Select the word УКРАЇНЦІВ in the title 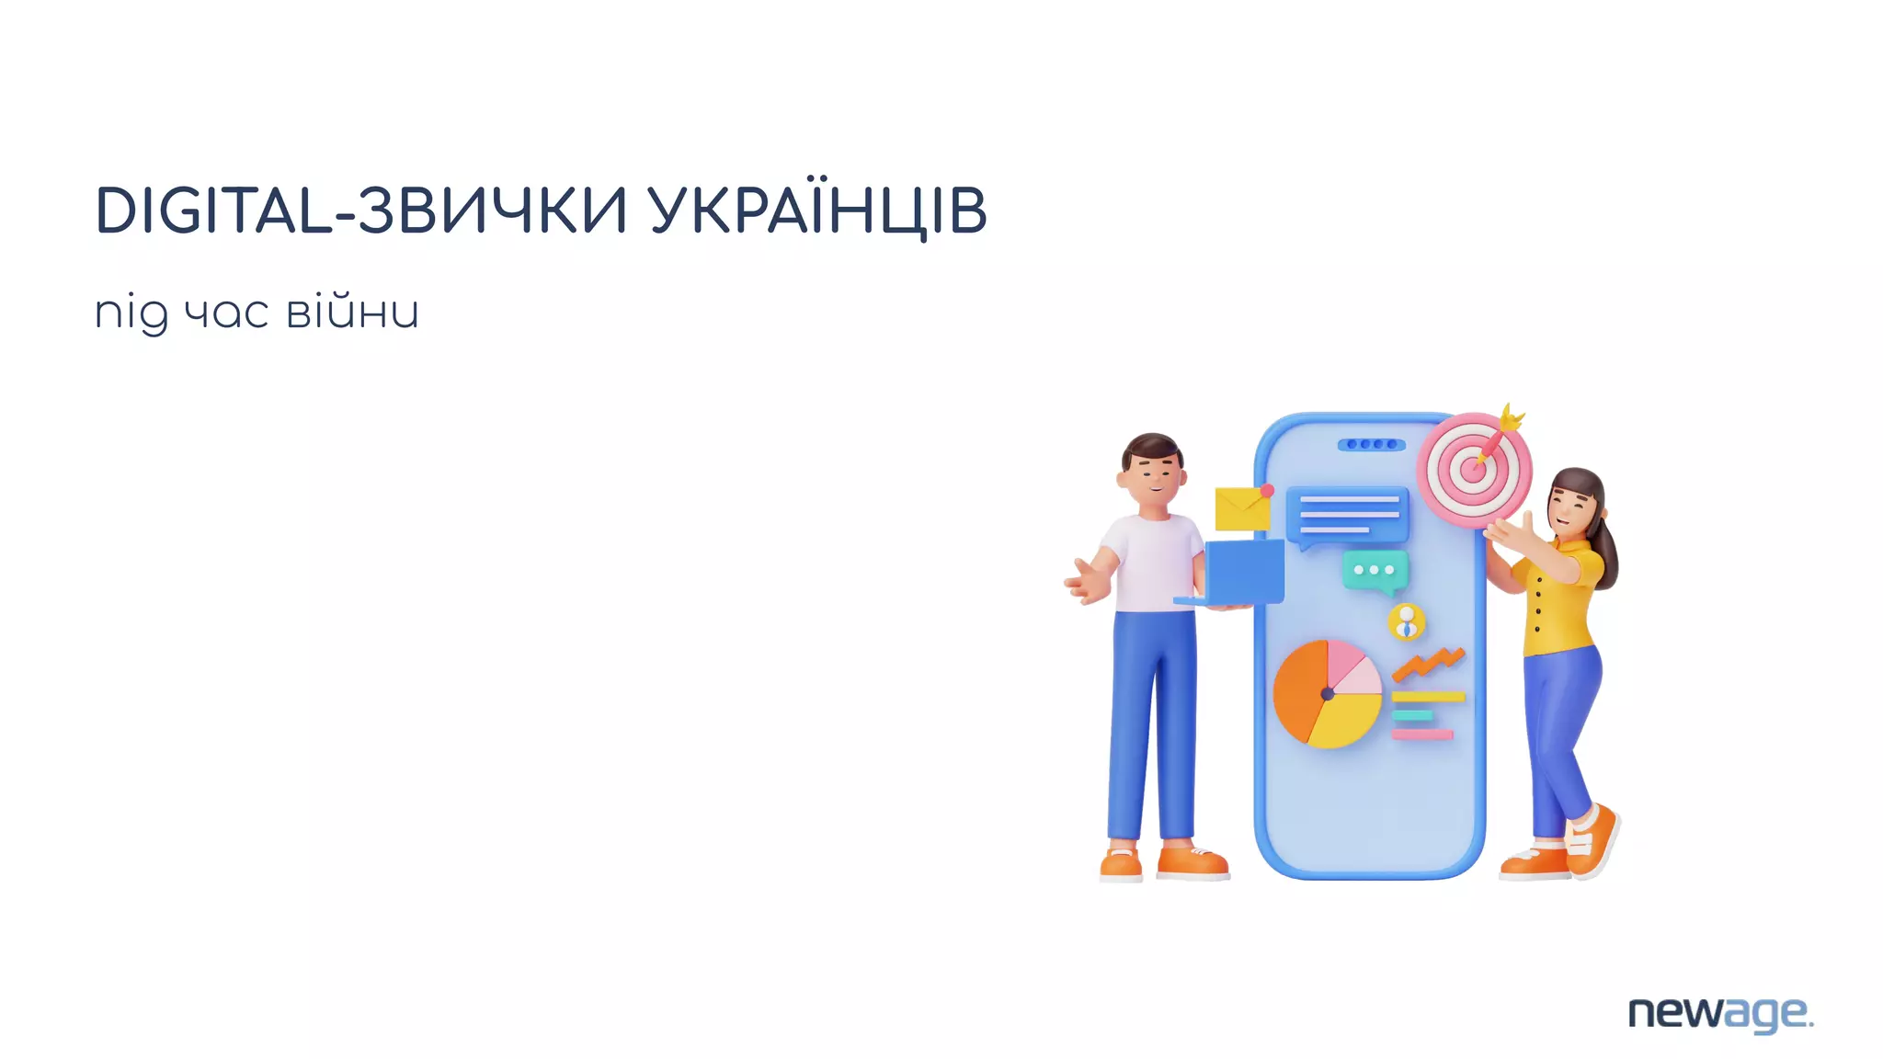[817, 211]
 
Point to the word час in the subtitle [226, 313]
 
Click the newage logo [1719, 1014]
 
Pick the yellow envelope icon [1241, 508]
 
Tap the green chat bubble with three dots [1375, 571]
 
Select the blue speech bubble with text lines [1347, 516]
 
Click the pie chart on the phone [1327, 693]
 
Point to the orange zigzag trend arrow [1428, 664]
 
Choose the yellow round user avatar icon [1406, 622]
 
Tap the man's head [1152, 473]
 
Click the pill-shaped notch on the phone [1370, 445]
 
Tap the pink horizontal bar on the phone [1422, 734]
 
